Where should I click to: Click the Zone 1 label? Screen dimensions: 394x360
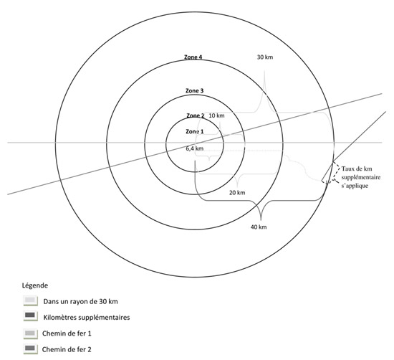coord(195,131)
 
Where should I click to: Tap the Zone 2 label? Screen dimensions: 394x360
coord(196,115)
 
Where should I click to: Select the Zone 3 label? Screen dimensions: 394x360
coord(194,90)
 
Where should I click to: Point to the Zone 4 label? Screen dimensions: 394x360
coord(193,57)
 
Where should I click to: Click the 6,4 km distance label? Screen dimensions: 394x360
coord(194,148)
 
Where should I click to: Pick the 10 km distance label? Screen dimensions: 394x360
coord(216,115)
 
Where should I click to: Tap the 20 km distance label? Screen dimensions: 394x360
coord(237,193)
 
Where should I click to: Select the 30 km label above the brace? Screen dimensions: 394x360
coord(265,57)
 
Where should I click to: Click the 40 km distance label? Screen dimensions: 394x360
coord(259,227)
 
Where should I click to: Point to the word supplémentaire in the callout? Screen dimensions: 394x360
coord(361,177)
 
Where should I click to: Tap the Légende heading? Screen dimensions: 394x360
coord(35,285)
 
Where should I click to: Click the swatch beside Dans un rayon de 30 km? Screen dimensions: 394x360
coord(30,300)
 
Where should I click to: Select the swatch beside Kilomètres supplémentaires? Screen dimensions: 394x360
coord(30,316)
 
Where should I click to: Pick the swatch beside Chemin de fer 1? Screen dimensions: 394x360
coord(30,334)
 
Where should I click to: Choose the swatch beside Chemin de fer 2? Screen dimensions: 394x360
coord(30,349)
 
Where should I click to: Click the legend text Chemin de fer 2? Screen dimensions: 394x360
coord(67,349)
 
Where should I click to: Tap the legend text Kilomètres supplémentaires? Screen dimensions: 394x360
coord(87,317)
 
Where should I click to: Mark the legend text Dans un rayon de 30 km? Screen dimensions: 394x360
coord(81,301)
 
